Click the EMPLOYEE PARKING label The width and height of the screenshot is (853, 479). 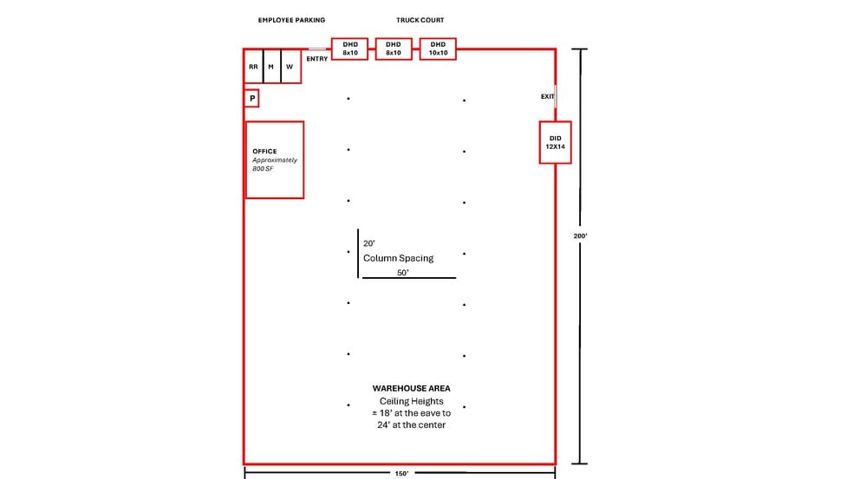tap(291, 19)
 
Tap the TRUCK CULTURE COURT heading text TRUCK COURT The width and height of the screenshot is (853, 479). tap(420, 19)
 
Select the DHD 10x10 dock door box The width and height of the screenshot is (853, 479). tap(438, 49)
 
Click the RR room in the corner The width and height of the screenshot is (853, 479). tap(253, 67)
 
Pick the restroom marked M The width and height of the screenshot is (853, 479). tap(271, 67)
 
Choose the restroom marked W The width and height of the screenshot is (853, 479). tap(290, 67)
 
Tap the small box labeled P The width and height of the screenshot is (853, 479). tap(252, 99)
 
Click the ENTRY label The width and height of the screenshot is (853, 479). tap(317, 59)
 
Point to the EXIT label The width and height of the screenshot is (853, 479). tap(547, 96)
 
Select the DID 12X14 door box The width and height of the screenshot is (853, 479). tap(556, 143)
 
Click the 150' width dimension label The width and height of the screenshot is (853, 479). tap(400, 474)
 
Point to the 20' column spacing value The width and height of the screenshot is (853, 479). tap(369, 243)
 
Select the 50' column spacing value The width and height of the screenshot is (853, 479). tap(402, 272)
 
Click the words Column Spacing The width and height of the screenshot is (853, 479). tap(398, 258)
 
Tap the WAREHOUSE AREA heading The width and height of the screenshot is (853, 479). tap(412, 388)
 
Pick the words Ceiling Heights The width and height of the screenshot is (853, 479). tap(411, 401)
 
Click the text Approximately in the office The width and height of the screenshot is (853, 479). tap(275, 160)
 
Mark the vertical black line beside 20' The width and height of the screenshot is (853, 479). tap(358, 254)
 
